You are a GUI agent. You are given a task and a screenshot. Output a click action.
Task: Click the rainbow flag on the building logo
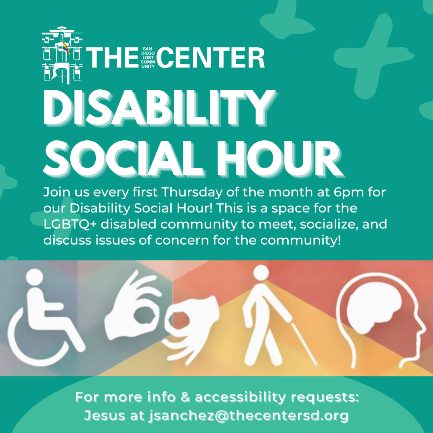pyautogui.click(x=66, y=47)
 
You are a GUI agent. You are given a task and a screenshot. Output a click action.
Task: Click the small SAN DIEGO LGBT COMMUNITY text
pyautogui.click(x=148, y=57)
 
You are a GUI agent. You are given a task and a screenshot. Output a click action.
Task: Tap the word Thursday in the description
pyautogui.click(x=192, y=192)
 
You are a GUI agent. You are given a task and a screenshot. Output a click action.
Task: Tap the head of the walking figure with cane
pyautogui.click(x=261, y=273)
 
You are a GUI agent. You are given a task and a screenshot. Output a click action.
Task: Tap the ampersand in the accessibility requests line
pyautogui.click(x=185, y=397)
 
